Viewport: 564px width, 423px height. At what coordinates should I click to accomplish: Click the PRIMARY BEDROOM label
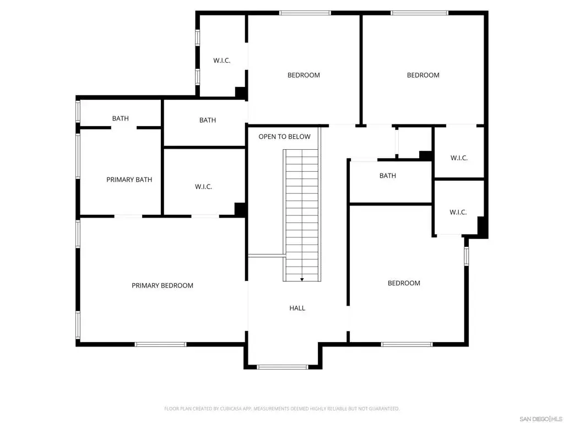(x=162, y=286)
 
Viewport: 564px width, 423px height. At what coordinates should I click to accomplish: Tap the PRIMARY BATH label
(x=129, y=180)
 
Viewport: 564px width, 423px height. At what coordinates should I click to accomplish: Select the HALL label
(x=297, y=308)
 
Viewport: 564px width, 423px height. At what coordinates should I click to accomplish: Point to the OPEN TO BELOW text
(x=284, y=137)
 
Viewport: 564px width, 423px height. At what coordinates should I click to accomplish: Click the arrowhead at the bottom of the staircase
(x=302, y=279)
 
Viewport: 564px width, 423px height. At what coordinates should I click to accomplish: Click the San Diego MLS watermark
(x=541, y=419)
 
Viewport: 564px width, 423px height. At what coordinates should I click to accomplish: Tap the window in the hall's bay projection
(x=283, y=367)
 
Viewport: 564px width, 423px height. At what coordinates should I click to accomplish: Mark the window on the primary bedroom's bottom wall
(x=160, y=344)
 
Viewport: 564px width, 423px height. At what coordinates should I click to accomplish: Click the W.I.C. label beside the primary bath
(x=203, y=187)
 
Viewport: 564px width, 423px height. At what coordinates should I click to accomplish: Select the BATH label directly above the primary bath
(x=120, y=118)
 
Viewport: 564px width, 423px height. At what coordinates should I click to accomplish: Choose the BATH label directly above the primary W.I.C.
(x=208, y=120)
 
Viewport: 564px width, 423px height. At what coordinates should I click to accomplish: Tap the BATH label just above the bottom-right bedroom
(x=387, y=176)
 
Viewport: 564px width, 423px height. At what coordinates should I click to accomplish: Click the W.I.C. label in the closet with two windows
(x=221, y=61)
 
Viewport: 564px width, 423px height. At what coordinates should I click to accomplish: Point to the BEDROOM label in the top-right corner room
(x=423, y=75)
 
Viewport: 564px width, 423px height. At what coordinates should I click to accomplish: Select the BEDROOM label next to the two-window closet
(x=303, y=75)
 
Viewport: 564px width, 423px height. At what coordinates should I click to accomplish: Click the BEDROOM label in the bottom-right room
(x=404, y=283)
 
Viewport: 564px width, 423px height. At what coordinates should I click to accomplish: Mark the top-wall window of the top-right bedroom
(x=419, y=13)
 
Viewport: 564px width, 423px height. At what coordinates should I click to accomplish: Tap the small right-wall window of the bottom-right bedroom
(x=466, y=256)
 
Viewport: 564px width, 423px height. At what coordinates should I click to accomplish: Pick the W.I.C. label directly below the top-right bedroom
(x=459, y=158)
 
